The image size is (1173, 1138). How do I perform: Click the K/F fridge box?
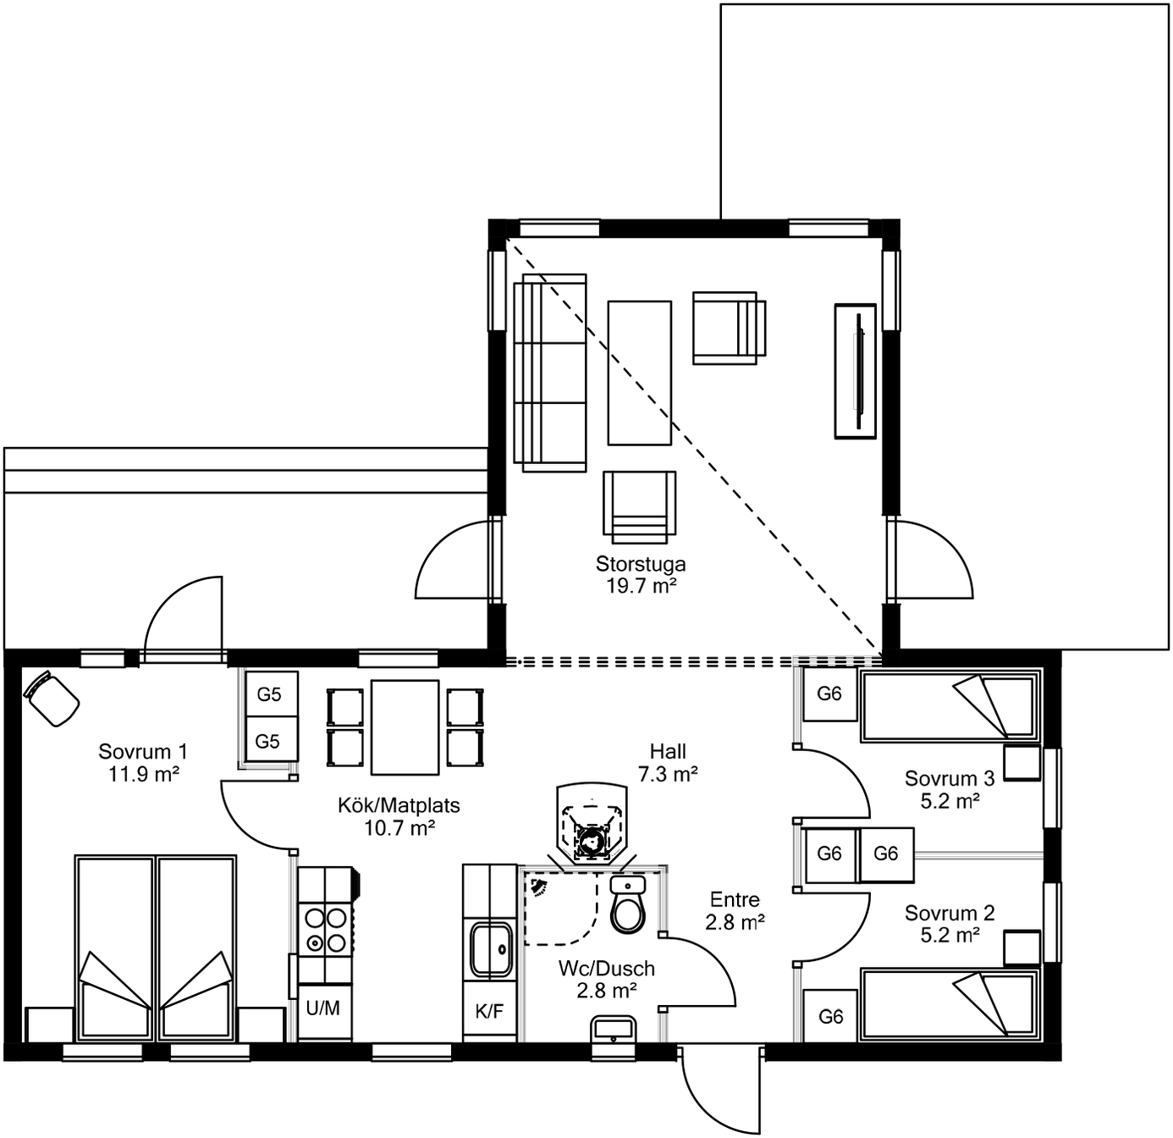489,1011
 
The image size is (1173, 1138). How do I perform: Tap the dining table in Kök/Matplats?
405,726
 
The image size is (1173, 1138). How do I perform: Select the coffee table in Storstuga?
639,373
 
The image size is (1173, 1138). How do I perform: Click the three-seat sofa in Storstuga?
549,373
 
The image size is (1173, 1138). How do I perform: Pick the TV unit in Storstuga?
855,371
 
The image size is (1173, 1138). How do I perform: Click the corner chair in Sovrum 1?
52,699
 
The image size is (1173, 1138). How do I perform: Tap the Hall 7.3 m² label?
668,762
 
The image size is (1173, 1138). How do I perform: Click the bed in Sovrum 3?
950,706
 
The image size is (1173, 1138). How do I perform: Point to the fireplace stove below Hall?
592,822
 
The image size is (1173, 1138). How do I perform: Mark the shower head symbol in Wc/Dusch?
538,886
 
